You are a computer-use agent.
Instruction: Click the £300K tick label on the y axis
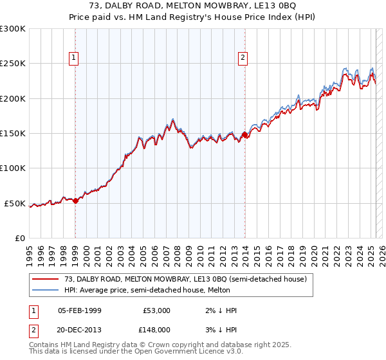pyautogui.click(x=13, y=29)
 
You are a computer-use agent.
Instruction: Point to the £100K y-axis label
pyautogui.click(x=13, y=168)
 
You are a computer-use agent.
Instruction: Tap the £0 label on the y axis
pyautogui.click(x=20, y=238)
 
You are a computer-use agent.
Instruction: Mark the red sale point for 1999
pyautogui.click(x=76, y=201)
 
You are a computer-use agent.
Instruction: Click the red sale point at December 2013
pyautogui.click(x=244, y=135)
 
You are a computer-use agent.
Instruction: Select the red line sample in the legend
pyautogui.click(x=46, y=279)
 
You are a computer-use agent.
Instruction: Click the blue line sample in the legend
pyautogui.click(x=46, y=290)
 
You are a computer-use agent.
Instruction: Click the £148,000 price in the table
pyautogui.click(x=156, y=329)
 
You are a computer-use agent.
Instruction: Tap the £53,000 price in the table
pyautogui.click(x=156, y=310)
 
